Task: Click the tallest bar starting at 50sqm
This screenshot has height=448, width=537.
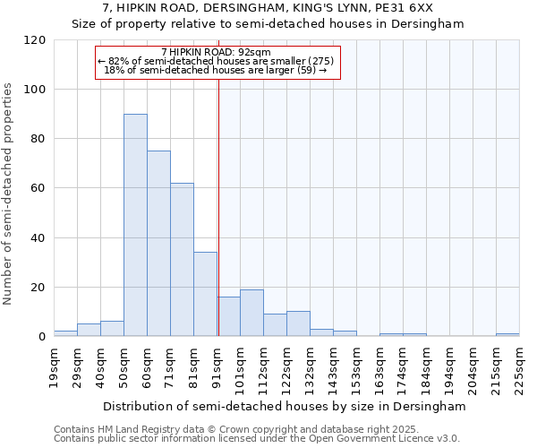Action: click(135, 225)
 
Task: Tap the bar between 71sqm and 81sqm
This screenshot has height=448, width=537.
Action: click(182, 260)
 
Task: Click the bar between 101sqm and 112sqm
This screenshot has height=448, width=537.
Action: click(251, 313)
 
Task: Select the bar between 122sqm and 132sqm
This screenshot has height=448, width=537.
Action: click(298, 323)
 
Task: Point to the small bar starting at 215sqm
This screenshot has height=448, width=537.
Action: click(507, 335)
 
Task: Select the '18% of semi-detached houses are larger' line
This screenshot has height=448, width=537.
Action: click(216, 70)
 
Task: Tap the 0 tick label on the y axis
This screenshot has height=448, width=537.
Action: click(42, 337)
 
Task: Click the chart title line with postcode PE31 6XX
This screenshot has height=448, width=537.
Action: click(268, 8)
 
